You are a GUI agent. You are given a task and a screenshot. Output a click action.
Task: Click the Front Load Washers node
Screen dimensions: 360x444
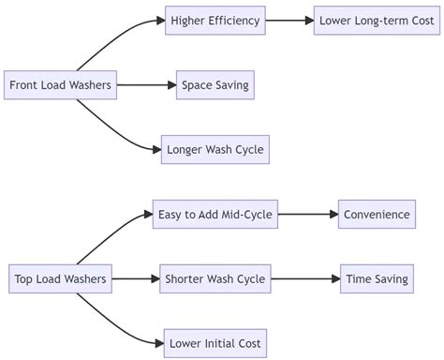click(x=61, y=85)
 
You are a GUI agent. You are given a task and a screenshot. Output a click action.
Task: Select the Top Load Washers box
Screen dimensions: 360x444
click(x=61, y=278)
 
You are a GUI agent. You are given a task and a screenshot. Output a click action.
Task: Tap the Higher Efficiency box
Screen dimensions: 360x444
click(x=215, y=21)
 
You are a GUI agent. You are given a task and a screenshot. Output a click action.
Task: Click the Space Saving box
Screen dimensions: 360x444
click(x=215, y=85)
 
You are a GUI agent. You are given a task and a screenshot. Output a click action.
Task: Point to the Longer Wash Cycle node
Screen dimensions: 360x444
click(x=215, y=149)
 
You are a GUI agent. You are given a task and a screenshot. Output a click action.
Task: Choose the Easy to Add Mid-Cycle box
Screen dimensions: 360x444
click(x=215, y=214)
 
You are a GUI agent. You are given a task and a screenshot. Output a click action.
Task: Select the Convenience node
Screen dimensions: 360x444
click(x=376, y=214)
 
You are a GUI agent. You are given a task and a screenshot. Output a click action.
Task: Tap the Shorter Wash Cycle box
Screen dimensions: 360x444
click(x=215, y=278)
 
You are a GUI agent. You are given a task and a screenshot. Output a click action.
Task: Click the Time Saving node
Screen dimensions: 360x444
click(x=376, y=278)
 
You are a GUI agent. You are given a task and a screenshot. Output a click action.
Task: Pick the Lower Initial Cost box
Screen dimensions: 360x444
click(x=215, y=342)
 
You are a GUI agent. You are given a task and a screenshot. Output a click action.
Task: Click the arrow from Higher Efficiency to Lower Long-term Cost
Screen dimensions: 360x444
click(x=290, y=21)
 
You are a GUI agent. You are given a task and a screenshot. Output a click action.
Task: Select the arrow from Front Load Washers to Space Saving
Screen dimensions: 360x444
click(x=145, y=85)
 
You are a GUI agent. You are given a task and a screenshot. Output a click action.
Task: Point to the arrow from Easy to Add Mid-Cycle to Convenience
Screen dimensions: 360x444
click(x=307, y=214)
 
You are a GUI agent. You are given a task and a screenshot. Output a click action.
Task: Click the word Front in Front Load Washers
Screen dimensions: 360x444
click(x=23, y=85)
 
